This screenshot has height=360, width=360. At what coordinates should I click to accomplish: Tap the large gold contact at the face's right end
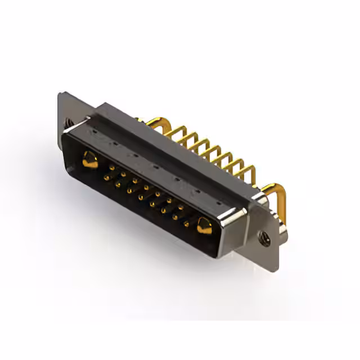(203, 227)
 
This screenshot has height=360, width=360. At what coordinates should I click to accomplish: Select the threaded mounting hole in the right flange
(265, 238)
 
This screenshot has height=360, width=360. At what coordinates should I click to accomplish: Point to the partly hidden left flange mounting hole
(67, 121)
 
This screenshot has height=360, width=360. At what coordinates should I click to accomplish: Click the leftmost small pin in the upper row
(112, 168)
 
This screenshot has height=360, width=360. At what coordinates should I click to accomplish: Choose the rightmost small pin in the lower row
(186, 224)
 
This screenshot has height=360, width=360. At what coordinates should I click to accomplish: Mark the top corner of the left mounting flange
(61, 93)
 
